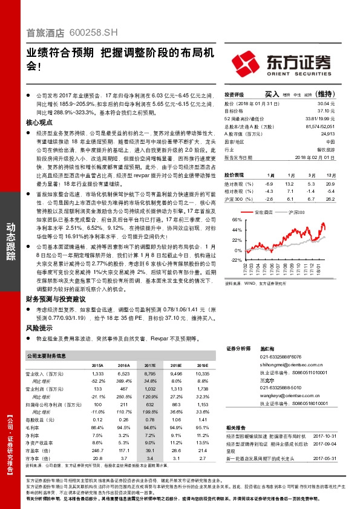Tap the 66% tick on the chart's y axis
[237, 221]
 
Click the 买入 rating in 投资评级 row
[272, 95]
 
